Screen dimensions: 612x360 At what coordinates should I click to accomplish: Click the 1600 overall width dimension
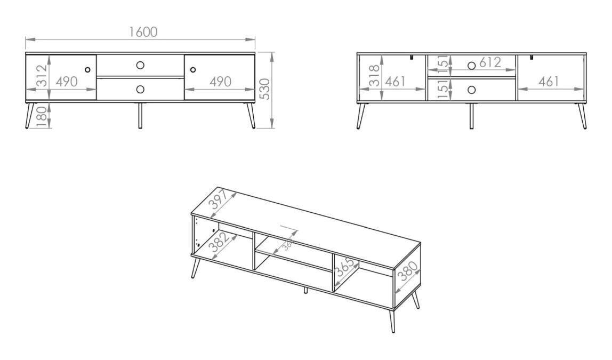pos(143,31)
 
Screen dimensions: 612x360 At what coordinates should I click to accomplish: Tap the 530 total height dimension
pos(264,89)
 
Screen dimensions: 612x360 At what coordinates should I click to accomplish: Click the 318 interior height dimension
pos(374,75)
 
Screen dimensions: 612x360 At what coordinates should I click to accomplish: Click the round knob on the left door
pos(87,69)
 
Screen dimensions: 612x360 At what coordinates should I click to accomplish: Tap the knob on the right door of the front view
pos(193,69)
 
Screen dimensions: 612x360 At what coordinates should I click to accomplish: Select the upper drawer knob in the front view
pos(140,65)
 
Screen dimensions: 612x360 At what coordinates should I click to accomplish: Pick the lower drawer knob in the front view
pos(140,90)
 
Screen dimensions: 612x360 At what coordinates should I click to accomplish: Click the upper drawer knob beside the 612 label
pos(471,65)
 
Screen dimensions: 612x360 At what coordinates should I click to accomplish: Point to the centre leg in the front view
pos(140,116)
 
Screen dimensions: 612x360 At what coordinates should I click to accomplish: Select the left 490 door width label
pos(67,82)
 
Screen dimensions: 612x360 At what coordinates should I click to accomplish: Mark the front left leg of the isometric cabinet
pos(196,267)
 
